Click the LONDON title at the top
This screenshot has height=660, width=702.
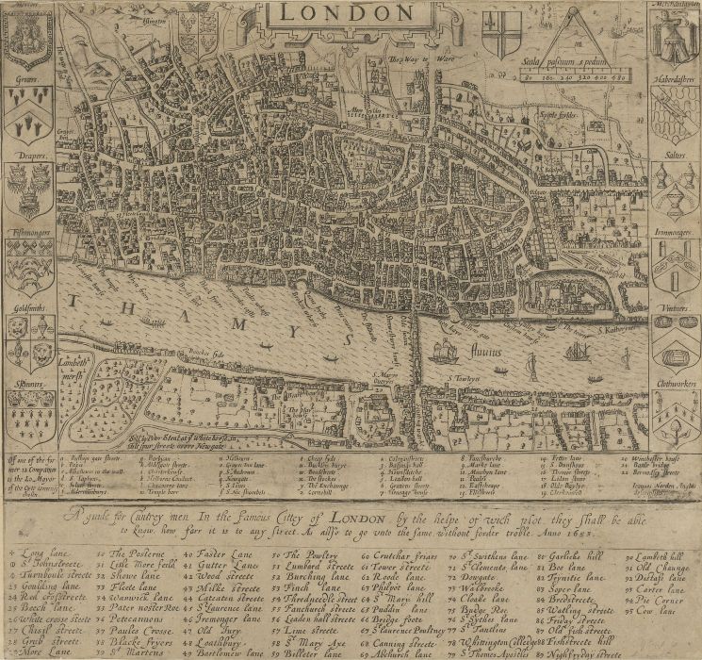351,12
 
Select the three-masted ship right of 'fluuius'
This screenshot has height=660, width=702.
578,352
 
